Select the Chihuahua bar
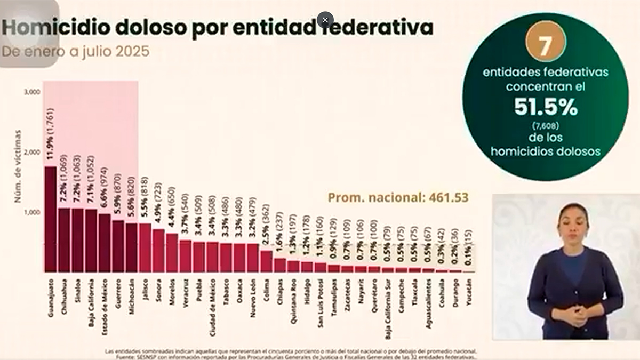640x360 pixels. [x=64, y=240]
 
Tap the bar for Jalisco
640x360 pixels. [x=145, y=247]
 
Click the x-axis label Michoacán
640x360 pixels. [x=131, y=297]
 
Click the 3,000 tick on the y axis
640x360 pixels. [x=32, y=92]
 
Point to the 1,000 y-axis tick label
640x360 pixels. [x=32, y=212]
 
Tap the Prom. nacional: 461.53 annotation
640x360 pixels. [x=398, y=198]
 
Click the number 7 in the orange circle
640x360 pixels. [x=545, y=46]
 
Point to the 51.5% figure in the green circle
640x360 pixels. [x=546, y=108]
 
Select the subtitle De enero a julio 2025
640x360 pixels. [x=75, y=52]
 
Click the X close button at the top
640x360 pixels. [x=325, y=20]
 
